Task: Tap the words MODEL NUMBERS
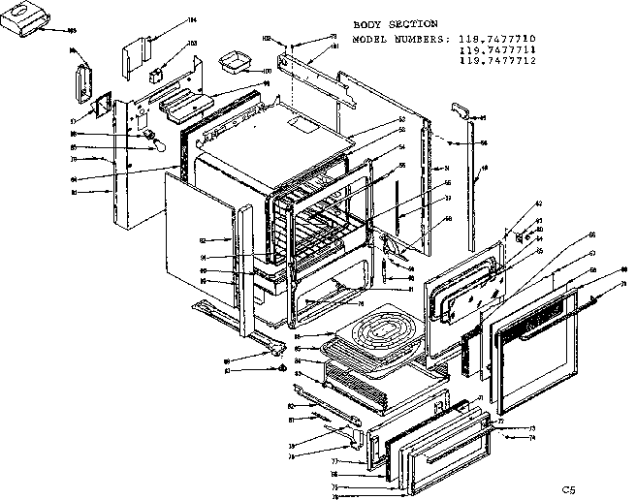click(399, 40)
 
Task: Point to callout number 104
click(191, 19)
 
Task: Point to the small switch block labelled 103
click(157, 74)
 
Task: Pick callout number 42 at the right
click(540, 205)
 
